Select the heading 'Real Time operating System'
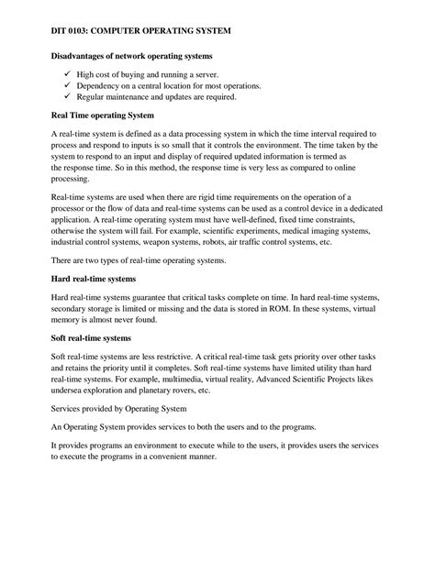tap(102, 116)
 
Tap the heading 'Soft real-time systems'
tap(91, 337)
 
